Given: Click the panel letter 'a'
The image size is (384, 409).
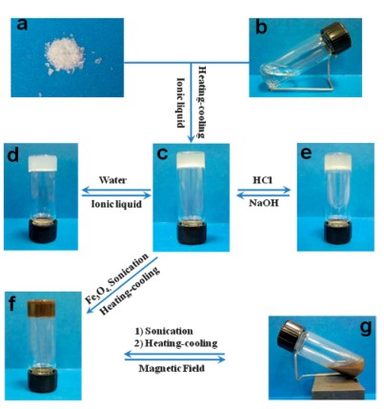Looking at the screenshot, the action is click(x=22, y=25).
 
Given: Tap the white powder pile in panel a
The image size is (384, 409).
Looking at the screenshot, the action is click(x=65, y=56).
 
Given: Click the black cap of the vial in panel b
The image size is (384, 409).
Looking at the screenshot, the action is click(x=336, y=36).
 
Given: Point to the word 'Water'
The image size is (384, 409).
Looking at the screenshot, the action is click(x=112, y=180).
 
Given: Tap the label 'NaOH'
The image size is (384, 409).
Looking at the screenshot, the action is click(x=264, y=203).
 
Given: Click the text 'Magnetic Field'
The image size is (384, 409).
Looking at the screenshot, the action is click(x=172, y=368).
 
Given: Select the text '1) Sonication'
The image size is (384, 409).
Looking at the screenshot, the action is click(x=164, y=331).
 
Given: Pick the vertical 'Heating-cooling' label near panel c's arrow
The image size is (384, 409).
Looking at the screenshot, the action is click(x=202, y=102).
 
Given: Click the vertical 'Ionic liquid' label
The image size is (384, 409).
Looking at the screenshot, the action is click(x=180, y=102).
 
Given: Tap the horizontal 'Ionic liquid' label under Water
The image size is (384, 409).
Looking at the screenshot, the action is click(x=116, y=204).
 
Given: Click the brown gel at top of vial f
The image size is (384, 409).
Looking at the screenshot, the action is click(x=42, y=308).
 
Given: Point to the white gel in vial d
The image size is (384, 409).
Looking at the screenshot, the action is click(x=43, y=163).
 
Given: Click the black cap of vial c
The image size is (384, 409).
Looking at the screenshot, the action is click(x=192, y=233).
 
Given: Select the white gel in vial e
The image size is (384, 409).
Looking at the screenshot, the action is click(x=337, y=161).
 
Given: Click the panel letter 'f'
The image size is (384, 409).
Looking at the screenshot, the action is click(x=13, y=304).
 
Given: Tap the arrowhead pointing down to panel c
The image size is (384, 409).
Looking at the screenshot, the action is click(x=191, y=139).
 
